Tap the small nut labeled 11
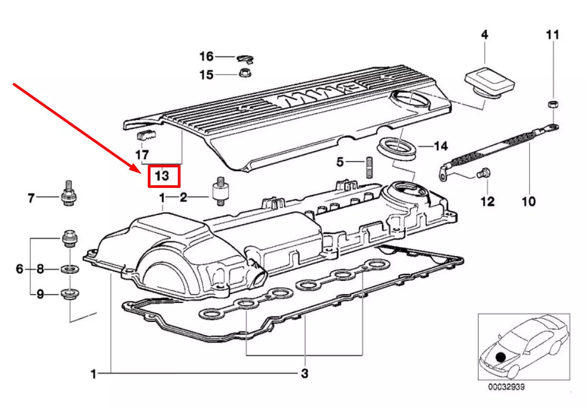[x=551, y=103]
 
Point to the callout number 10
[x=528, y=201]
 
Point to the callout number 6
[x=20, y=270]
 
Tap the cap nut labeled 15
[x=245, y=72]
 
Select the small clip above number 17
[x=145, y=136]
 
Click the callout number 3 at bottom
[x=304, y=374]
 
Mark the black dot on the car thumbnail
[x=500, y=357]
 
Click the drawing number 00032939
[x=506, y=387]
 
